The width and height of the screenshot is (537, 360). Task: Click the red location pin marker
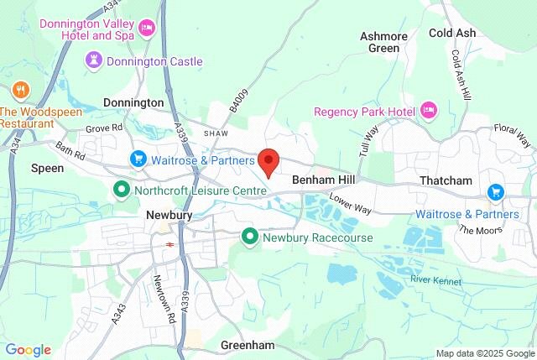point(268,160)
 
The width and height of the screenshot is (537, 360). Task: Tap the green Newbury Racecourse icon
point(250,237)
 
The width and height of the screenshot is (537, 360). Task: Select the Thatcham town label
point(446,181)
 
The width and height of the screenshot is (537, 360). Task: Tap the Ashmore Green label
point(384,42)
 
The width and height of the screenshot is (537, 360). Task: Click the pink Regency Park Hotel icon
point(429,111)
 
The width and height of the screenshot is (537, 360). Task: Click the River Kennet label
point(436,279)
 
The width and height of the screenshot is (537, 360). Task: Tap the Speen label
point(48,168)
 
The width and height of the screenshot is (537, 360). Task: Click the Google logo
point(28,350)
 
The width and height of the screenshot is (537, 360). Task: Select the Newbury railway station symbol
point(169,244)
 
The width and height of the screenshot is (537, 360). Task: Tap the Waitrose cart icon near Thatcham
point(495,192)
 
